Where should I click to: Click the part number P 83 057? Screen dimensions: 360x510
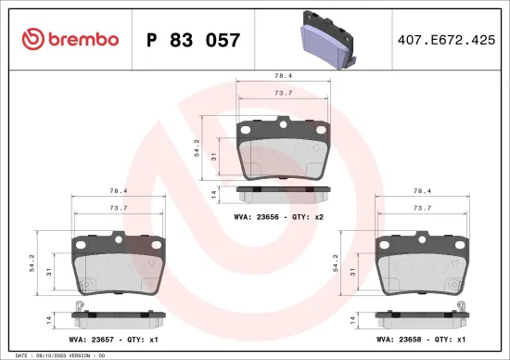pos(194,40)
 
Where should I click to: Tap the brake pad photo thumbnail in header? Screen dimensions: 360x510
pos(328,40)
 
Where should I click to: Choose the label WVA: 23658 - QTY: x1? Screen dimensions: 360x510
pos(423,340)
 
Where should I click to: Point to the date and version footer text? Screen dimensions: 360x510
pos(56,355)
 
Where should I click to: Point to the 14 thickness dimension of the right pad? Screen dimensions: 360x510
pos(354,319)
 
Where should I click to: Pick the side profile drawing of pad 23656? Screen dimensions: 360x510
pos(283,192)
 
